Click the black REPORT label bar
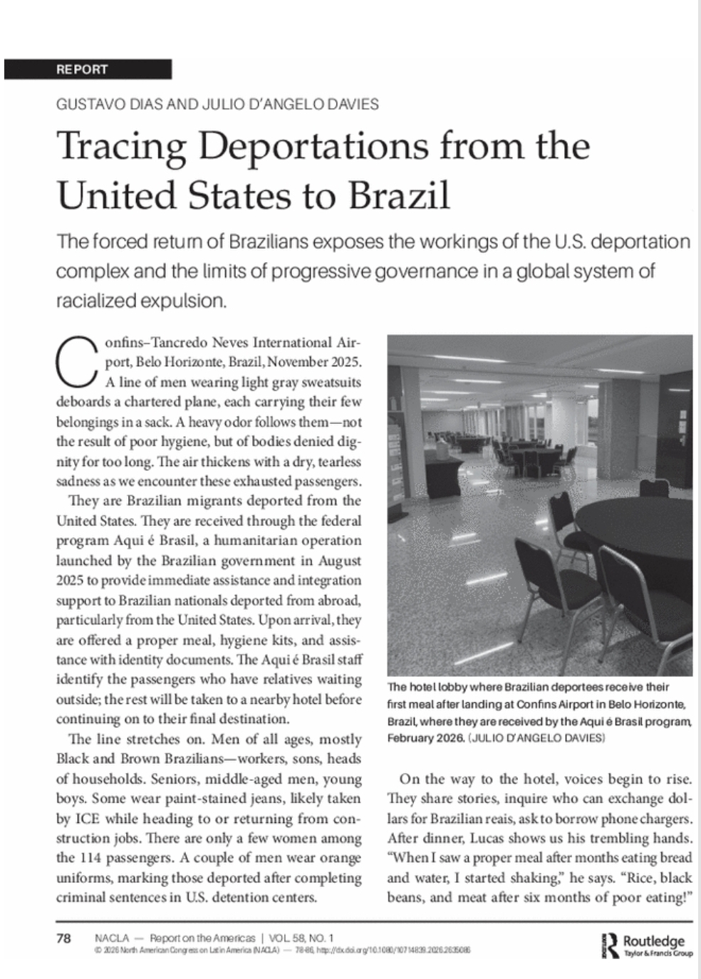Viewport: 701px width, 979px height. tap(88, 69)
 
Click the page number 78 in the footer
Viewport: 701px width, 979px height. tap(63, 938)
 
